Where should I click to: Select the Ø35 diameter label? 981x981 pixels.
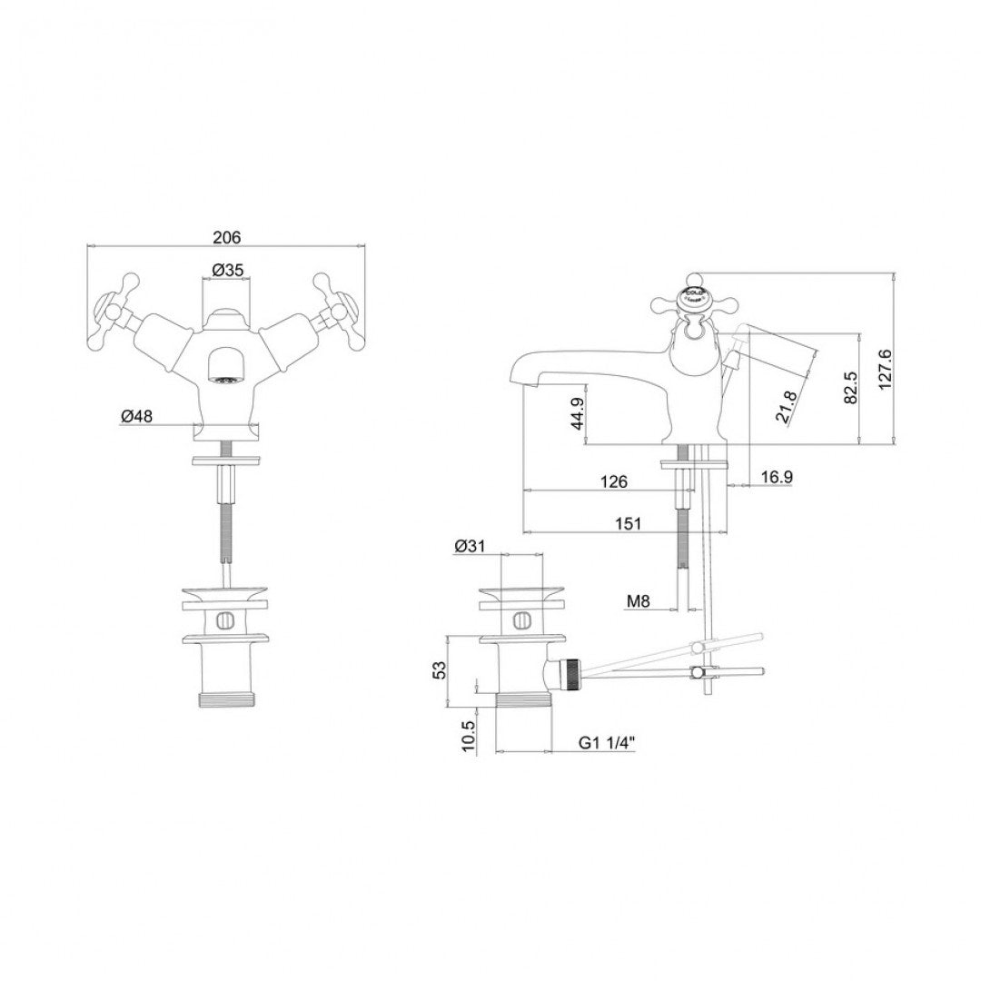tap(225, 270)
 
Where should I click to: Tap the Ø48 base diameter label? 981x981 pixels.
tap(136, 416)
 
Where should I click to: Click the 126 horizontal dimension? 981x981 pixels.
tap(614, 481)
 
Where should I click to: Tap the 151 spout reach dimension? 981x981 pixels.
tap(627, 523)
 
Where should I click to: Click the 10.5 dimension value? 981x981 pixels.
tap(467, 734)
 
